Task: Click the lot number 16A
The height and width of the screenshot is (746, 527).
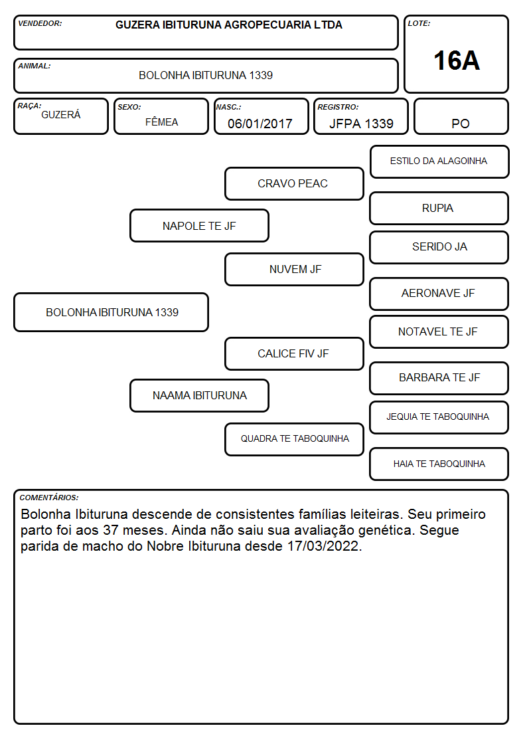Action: click(456, 61)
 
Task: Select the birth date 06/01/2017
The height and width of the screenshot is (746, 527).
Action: click(260, 124)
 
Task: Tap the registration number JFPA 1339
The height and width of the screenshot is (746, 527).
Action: click(361, 124)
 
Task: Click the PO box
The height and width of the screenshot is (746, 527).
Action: click(461, 116)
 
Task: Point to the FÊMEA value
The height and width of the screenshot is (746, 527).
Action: click(161, 122)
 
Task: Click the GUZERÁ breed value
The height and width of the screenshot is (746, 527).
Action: click(61, 115)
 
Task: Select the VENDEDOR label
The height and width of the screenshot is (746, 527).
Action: click(40, 23)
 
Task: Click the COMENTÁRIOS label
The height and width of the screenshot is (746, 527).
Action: click(49, 498)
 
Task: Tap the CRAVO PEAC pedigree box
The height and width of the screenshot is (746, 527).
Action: click(294, 183)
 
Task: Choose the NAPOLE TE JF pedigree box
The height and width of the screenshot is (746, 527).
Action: click(199, 226)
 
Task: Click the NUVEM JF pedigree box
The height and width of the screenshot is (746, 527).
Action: click(294, 269)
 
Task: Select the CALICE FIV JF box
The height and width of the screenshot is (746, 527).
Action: click(294, 354)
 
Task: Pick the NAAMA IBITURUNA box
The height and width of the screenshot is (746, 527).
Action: click(199, 396)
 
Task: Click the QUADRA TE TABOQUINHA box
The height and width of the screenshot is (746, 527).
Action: click(294, 439)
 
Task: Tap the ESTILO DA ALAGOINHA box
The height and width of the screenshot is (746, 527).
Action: click(439, 162)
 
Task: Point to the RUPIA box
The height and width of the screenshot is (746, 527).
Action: click(439, 209)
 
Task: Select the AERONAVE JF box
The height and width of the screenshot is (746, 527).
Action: click(439, 294)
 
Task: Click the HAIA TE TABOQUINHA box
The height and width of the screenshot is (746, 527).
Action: click(439, 464)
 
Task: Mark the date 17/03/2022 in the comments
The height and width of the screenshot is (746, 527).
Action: click(323, 545)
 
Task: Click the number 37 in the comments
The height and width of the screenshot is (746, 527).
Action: click(111, 530)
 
